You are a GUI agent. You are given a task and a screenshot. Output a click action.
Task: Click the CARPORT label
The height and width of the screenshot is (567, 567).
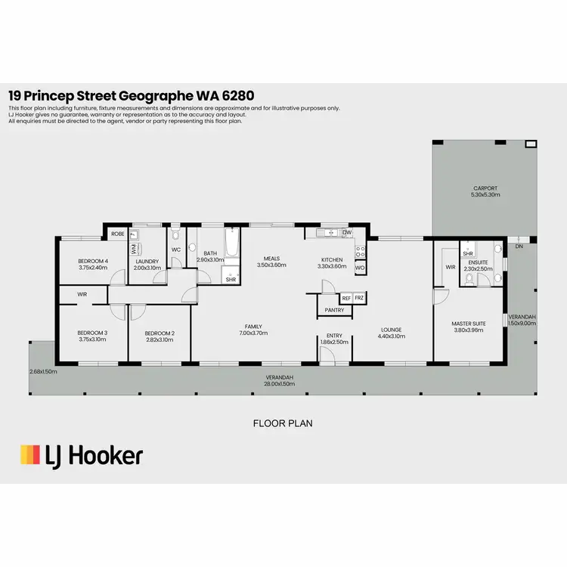tap(486, 188)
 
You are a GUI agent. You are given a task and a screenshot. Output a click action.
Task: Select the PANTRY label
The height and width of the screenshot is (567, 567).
tap(334, 310)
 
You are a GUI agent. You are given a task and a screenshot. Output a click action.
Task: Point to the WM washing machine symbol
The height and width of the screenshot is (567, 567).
tap(134, 247)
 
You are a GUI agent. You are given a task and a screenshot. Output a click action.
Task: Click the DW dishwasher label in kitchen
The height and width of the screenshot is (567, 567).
tap(346, 233)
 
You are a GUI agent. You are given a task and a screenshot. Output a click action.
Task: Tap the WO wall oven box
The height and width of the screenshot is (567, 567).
tap(359, 268)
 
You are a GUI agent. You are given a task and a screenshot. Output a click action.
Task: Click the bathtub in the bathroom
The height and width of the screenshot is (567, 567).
tap(231, 249)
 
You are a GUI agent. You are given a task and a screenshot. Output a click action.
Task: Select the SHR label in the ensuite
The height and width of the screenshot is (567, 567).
tap(468, 253)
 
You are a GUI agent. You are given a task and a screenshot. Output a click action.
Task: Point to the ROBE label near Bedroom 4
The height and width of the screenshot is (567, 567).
tap(118, 234)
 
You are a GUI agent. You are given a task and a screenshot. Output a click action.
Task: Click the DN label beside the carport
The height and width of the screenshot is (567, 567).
tap(519, 246)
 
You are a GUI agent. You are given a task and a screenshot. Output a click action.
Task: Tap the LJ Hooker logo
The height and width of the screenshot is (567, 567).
tap(81, 455)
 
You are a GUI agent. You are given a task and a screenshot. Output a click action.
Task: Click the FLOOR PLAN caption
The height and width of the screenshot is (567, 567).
tap(283, 423)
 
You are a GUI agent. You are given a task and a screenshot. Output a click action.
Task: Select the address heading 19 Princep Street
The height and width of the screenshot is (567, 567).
tap(130, 95)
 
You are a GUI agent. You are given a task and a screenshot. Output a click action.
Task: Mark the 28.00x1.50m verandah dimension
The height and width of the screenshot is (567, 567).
tap(280, 383)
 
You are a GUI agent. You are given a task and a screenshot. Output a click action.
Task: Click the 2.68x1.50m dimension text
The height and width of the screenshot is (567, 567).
tap(43, 371)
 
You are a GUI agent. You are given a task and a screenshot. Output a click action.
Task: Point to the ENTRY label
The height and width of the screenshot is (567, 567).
tap(334, 336)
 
